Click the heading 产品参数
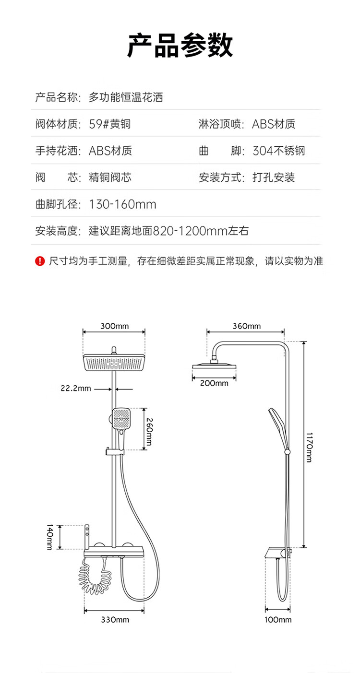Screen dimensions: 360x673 (x=180, y=46)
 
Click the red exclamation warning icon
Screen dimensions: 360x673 (x=40, y=261)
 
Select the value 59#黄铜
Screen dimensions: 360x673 (x=110, y=124)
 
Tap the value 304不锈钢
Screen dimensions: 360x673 (x=278, y=151)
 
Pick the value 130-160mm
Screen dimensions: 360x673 (x=123, y=204)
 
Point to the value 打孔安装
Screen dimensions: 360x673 (x=274, y=177)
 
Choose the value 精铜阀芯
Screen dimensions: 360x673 (x=110, y=177)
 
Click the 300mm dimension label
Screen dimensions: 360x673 (x=115, y=326)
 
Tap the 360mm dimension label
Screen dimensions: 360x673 (x=247, y=326)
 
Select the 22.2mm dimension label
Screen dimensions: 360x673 (x=76, y=388)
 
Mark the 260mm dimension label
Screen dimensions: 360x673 (x=149, y=432)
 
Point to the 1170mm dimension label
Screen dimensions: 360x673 (x=309, y=448)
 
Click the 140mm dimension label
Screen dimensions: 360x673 (x=50, y=537)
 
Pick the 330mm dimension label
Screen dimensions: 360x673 (x=115, y=620)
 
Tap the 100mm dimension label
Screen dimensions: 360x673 (x=278, y=620)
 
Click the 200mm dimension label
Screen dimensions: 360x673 (x=214, y=383)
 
